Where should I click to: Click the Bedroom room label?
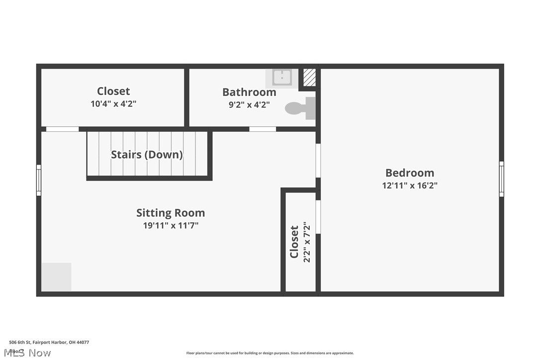point(410,173)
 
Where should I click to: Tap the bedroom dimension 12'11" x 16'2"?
point(410,186)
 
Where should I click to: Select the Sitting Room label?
point(171,213)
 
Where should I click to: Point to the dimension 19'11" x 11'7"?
point(171,226)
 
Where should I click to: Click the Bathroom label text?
point(249,92)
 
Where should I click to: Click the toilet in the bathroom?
point(301,108)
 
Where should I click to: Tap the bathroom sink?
point(282,78)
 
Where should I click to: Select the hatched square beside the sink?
point(309,78)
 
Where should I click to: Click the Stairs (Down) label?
point(147,155)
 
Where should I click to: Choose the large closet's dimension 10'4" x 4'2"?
point(113,104)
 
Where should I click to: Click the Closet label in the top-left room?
point(113,91)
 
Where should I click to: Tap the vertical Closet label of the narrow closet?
point(294,242)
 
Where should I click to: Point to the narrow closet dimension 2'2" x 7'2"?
point(307,242)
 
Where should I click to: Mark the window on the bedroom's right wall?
point(501,179)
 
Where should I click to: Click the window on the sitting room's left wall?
point(39,180)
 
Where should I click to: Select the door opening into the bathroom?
point(263,129)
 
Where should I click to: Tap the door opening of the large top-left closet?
point(62,129)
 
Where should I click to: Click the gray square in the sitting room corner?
point(56,277)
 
